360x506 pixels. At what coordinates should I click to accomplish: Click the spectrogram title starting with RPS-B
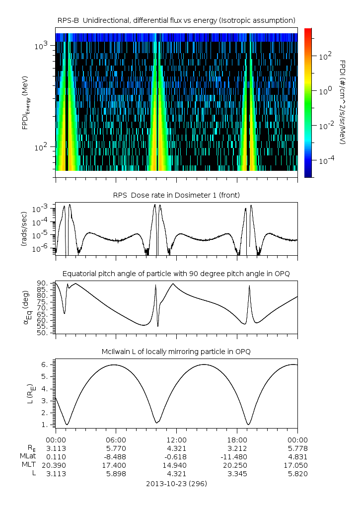point(176,20)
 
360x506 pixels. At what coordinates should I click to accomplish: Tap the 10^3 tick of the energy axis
point(41,46)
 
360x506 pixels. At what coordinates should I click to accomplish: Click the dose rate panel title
point(176,195)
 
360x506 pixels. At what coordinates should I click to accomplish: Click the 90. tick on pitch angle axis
point(41,283)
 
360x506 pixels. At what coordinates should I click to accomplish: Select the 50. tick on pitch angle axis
point(41,333)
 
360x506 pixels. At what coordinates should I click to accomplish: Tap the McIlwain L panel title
point(176,352)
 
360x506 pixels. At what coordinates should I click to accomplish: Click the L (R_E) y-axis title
point(25,390)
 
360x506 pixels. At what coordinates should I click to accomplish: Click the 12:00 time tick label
point(176,439)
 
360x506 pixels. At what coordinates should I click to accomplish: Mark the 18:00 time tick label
point(237,439)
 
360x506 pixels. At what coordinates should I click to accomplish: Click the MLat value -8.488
point(116,456)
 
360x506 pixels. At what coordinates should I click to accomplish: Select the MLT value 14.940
point(176,465)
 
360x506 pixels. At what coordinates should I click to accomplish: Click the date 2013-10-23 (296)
point(176,483)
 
